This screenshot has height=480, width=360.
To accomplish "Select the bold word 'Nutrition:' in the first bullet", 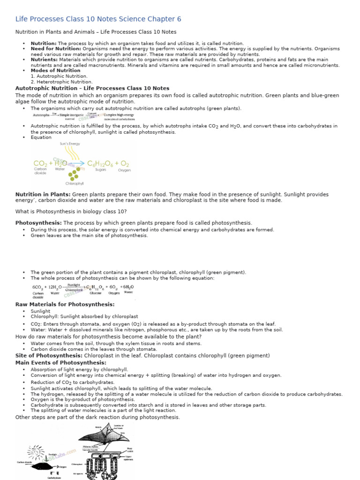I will (44, 43).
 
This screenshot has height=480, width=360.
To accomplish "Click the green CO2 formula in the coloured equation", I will (40, 164).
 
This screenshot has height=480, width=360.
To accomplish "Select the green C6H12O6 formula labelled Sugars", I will (101, 164).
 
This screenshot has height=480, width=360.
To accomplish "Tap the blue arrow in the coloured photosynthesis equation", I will (75, 164).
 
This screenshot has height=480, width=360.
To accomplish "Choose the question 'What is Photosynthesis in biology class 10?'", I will (71, 211).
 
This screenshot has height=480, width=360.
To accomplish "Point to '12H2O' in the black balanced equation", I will (54, 287).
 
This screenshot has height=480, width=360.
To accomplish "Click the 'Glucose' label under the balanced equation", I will (96, 293).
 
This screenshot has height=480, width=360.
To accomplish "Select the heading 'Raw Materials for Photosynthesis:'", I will (65, 305).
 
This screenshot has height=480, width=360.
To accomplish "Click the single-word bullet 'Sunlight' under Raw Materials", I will (40, 311).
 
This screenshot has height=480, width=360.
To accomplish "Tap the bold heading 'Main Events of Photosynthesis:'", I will (61, 363).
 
